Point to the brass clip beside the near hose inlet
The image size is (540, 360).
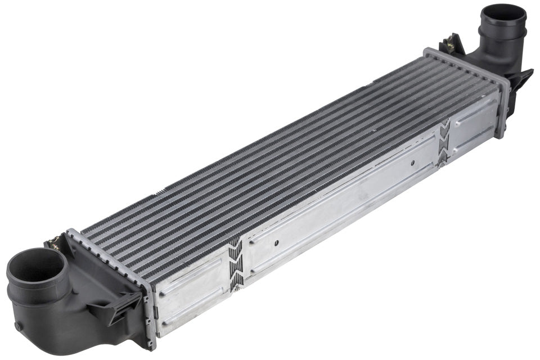coord(55,244)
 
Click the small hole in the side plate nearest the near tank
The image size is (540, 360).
coord(276,244)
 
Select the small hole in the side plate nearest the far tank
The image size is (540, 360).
coord(412,164)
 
